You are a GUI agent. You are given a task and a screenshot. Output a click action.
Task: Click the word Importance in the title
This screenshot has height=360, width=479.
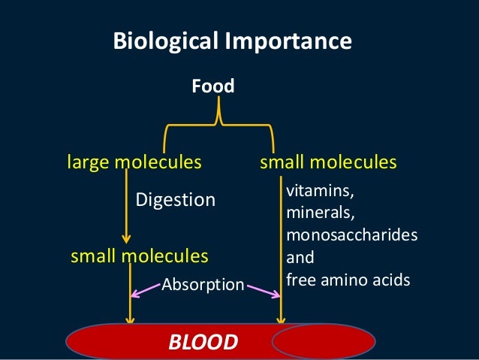[x=286, y=41]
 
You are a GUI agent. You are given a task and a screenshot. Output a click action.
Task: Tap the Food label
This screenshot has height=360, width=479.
[x=213, y=87]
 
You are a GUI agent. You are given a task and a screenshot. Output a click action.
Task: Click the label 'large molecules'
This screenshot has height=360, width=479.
[x=134, y=162]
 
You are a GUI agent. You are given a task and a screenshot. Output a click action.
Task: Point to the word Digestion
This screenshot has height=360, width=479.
[x=175, y=200]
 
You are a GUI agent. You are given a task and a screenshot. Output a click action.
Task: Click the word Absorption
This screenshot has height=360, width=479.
[x=203, y=284]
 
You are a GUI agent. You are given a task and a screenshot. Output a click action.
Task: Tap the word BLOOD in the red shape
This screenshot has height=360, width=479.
[x=203, y=343]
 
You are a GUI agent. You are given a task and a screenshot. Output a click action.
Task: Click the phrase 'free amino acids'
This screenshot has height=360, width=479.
[x=348, y=280]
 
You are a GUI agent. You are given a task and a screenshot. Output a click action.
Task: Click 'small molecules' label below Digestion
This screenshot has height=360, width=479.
[x=139, y=256]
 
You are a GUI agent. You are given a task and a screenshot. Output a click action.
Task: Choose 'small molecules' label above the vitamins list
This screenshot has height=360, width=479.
[x=328, y=162]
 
